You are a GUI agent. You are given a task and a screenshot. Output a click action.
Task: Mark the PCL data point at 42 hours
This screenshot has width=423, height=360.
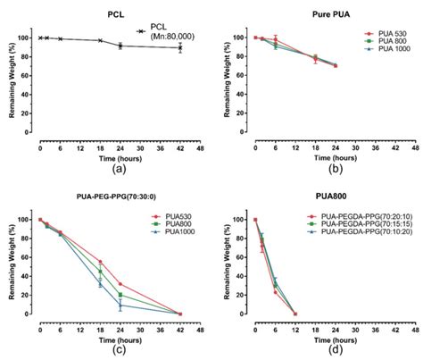180,47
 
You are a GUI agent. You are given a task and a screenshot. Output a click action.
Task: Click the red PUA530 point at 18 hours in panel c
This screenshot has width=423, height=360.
100,262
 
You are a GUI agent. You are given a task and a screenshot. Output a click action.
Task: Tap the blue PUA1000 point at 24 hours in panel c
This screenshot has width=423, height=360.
120,305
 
